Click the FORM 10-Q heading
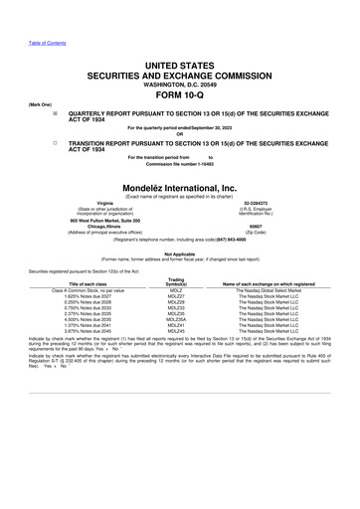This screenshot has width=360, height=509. (x=179, y=95)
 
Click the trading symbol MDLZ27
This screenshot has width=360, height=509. (x=176, y=295)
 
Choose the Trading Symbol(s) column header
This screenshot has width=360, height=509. (x=176, y=281)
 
